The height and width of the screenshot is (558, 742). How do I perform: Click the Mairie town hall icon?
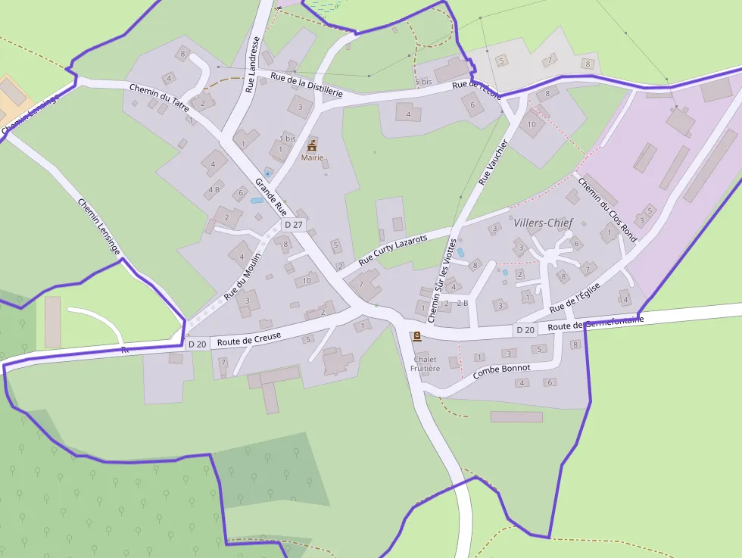[x=312, y=144]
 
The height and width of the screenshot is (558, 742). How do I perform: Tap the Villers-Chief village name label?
[x=543, y=223]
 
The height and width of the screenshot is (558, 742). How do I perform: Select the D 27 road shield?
[x=293, y=225]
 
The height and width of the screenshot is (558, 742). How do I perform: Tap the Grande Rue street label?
[x=271, y=196]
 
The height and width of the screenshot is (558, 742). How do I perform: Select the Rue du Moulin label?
[x=242, y=275]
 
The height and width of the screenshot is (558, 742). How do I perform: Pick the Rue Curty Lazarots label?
[x=393, y=248]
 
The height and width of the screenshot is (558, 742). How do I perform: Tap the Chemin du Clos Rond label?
[x=607, y=208]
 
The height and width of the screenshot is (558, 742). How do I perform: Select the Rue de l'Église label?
[x=575, y=298]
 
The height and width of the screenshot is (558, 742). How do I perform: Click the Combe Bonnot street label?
[x=501, y=371]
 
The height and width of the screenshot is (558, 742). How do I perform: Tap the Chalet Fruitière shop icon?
[x=416, y=336]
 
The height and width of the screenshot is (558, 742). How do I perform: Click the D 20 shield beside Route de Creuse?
[x=197, y=344]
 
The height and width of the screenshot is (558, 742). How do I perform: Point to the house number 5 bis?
[x=423, y=81]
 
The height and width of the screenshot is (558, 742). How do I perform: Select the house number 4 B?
[x=214, y=189]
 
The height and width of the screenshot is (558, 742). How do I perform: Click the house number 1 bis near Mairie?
[x=288, y=139]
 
